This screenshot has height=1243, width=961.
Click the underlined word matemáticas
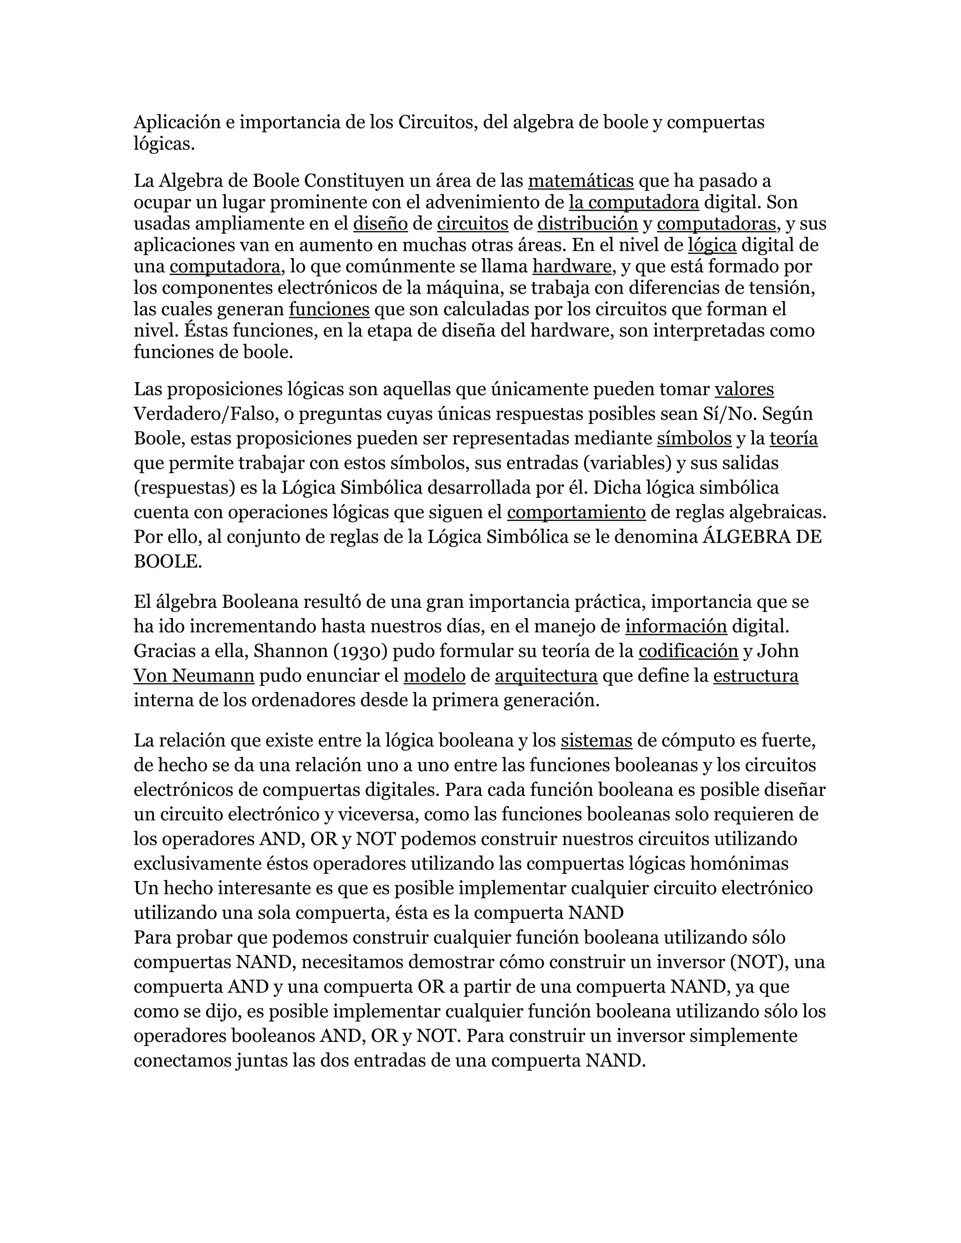(581, 181)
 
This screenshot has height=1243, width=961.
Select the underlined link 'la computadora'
(633, 202)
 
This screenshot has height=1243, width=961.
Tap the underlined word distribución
(587, 224)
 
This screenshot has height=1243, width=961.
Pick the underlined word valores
(744, 389)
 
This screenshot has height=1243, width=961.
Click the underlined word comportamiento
(576, 512)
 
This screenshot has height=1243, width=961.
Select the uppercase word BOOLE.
(168, 562)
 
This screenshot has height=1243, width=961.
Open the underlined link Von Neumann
(194, 675)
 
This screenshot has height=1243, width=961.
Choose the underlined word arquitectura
(546, 675)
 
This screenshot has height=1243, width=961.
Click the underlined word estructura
(755, 675)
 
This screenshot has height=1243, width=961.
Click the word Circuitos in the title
(437, 122)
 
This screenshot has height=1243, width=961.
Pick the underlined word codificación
(688, 651)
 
